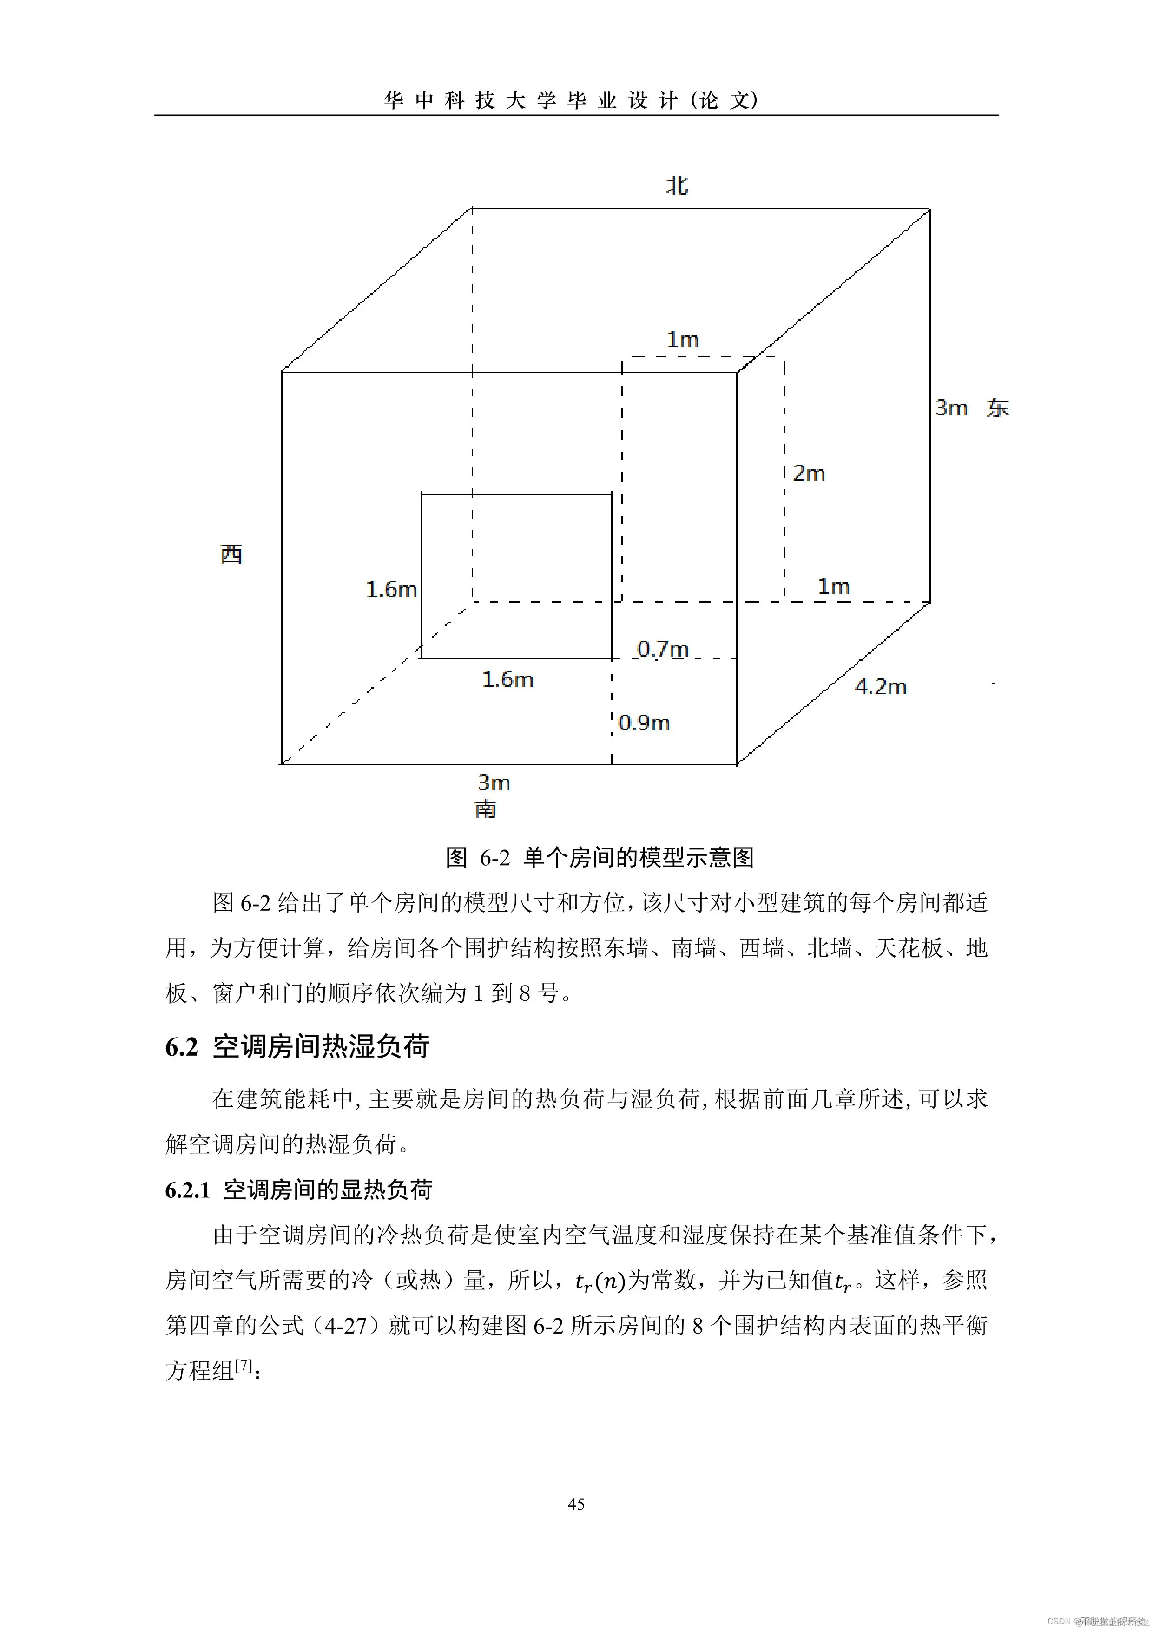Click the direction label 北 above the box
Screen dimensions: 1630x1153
(677, 185)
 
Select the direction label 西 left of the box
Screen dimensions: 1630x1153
(231, 554)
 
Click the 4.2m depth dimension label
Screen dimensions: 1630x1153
(880, 686)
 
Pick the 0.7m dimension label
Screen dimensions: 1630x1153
(662, 648)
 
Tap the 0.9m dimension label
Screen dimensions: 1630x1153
(644, 723)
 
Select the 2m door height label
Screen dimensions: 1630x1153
(809, 473)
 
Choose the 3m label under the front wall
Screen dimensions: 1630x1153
(494, 782)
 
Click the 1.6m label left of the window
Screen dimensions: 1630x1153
(391, 589)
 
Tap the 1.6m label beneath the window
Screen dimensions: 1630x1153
(507, 679)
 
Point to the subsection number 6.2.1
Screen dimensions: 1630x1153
(187, 1190)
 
